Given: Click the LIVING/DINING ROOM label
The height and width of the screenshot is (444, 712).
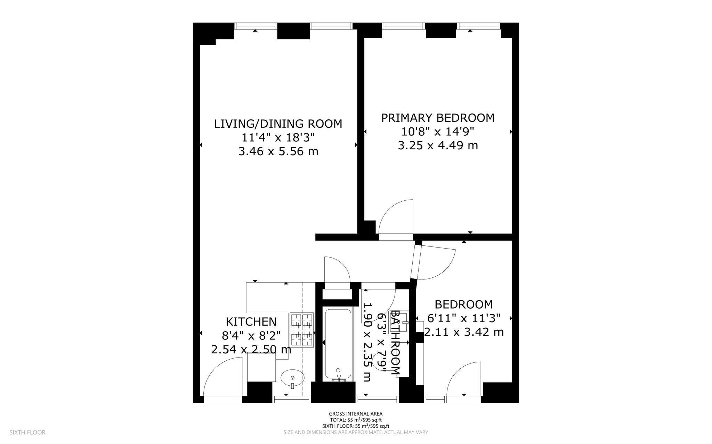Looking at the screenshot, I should [278, 124].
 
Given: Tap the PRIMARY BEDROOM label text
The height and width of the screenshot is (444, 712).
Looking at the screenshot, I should [438, 118].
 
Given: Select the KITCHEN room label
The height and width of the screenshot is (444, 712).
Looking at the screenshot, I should [251, 321].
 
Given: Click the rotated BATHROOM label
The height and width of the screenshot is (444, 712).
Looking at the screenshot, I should [396, 343].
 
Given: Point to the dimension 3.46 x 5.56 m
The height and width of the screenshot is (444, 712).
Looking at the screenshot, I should [278, 151].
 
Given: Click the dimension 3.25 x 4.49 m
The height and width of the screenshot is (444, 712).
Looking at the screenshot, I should [438, 145].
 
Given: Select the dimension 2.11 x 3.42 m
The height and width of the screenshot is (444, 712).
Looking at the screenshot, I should [464, 332].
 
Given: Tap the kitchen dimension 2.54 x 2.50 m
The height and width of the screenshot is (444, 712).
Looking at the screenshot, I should [251, 349].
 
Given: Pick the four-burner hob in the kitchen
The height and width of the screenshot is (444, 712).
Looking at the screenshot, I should [302, 330].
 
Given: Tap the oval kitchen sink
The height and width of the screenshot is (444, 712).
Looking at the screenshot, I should [292, 378].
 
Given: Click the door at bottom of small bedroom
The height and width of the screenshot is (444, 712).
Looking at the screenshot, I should [464, 382].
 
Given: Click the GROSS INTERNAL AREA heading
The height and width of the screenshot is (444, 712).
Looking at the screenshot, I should [356, 413].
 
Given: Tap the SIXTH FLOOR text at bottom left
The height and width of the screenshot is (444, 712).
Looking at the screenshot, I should [27, 432].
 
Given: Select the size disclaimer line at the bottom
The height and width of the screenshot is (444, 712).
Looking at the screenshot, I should [356, 432].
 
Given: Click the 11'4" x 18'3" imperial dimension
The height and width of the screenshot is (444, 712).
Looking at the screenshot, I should [278, 137].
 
